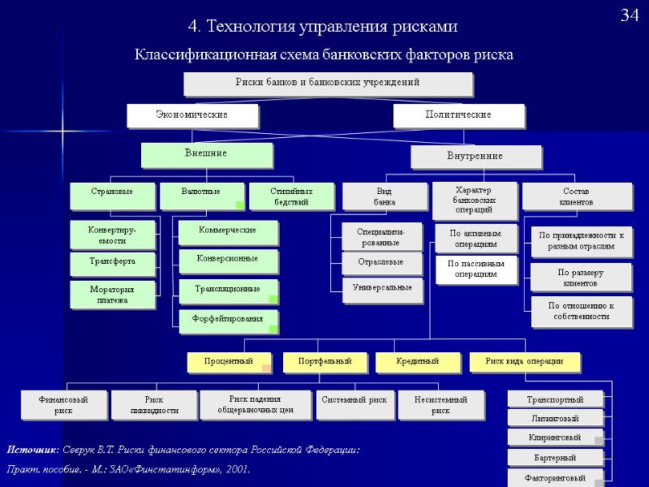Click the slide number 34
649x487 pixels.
tap(630, 15)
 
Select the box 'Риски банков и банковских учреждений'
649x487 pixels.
tap(328, 83)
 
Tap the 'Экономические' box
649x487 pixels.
tap(191, 115)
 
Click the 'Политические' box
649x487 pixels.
tap(458, 115)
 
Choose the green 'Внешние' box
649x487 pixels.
tap(206, 153)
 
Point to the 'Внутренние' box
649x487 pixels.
tap(475, 156)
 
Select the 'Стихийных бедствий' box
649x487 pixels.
tap(291, 196)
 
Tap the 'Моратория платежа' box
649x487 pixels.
tap(112, 295)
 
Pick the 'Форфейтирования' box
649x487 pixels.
tap(229, 320)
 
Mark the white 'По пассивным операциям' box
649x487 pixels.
tap(475, 269)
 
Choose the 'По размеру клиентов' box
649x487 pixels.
tap(580, 278)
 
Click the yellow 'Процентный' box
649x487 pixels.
tap(229, 360)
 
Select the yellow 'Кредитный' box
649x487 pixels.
tap(418, 360)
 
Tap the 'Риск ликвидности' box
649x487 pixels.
tap(153, 405)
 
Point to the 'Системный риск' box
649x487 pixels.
tap(354, 401)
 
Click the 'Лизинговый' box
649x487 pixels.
tap(554, 418)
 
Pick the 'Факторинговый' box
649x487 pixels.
tap(555, 477)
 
